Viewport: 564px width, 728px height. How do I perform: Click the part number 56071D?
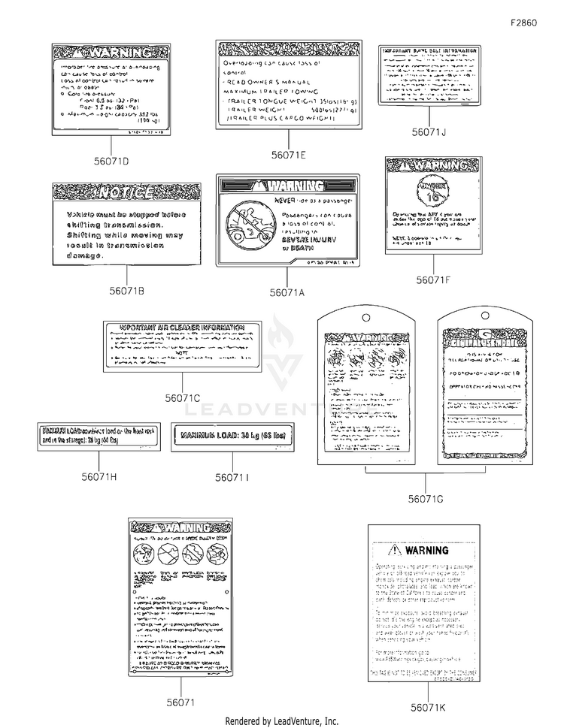coord(110,161)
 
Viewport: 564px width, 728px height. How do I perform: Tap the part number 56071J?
coord(428,133)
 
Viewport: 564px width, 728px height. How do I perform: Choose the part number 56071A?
coord(287,292)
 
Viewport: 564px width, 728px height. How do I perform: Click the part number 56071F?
coord(433,279)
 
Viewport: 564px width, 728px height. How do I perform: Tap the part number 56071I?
coord(232,477)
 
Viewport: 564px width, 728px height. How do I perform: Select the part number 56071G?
coord(426,497)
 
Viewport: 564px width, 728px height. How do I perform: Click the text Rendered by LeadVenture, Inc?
coord(281,720)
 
